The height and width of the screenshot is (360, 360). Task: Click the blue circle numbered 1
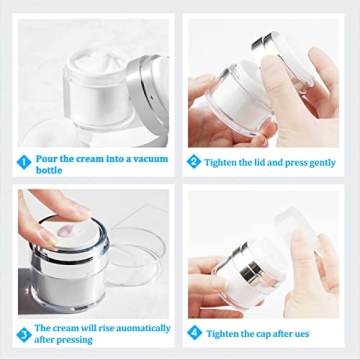click(22, 161)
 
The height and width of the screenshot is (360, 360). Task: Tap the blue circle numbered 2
click(194, 161)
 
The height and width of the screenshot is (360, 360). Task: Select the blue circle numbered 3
click(22, 334)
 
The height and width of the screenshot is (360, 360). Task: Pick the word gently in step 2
click(319, 162)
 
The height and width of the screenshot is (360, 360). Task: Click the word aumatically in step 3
click(128, 327)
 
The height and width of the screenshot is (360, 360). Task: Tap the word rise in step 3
click(109, 327)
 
